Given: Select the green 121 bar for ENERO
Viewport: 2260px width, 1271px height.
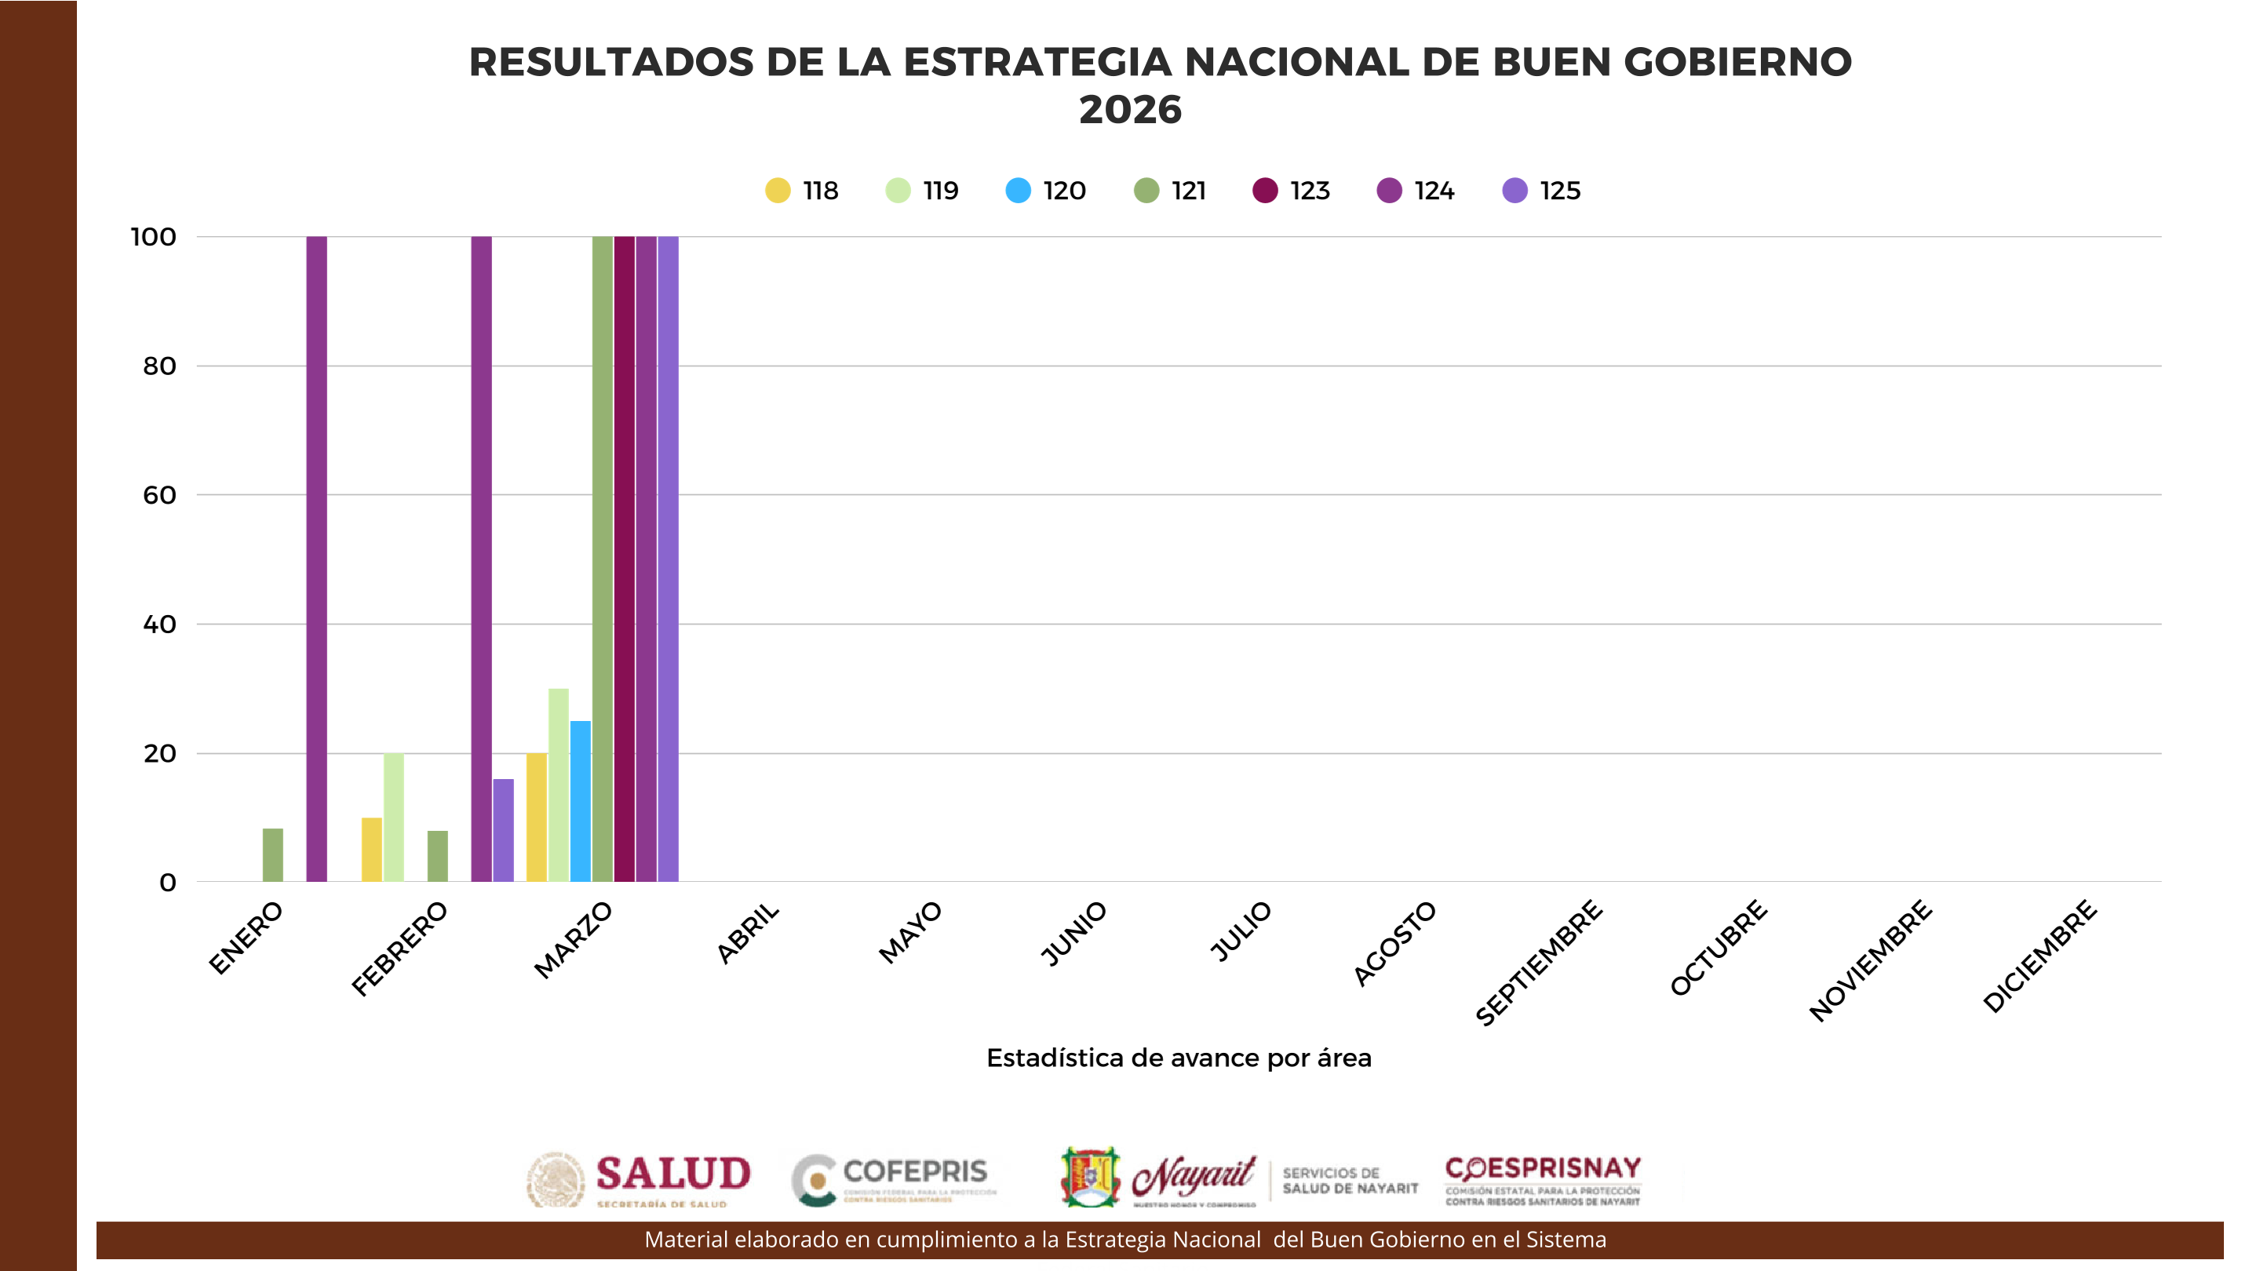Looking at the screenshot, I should pyautogui.click(x=273, y=855).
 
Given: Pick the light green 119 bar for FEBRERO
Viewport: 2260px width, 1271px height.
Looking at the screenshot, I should pyautogui.click(x=394, y=817).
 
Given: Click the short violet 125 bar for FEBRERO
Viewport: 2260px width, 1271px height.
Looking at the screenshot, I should pyautogui.click(x=504, y=830).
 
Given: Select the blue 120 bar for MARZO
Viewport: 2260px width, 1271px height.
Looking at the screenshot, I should pyautogui.click(x=581, y=801).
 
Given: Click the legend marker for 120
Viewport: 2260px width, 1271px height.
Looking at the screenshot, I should pyautogui.click(x=1019, y=191).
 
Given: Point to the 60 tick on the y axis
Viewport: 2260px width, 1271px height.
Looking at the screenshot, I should pyautogui.click(x=159, y=495).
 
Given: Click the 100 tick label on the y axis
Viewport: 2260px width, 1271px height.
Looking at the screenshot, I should pyautogui.click(x=154, y=237).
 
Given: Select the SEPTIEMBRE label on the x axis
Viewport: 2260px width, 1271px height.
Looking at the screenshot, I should pyautogui.click(x=1540, y=962).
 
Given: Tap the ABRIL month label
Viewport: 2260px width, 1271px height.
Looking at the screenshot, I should pyautogui.click(x=749, y=932).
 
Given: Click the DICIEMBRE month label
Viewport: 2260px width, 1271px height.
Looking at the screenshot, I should pyautogui.click(x=2040, y=956).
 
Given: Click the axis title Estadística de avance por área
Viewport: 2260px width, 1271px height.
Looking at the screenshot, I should pyautogui.click(x=1178, y=1058).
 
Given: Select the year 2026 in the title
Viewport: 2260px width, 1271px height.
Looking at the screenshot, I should pyautogui.click(x=1130, y=110).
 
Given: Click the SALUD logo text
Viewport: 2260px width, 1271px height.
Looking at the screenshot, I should pyautogui.click(x=673, y=1174).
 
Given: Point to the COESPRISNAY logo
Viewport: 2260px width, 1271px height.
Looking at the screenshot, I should pyautogui.click(x=1542, y=1179).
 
